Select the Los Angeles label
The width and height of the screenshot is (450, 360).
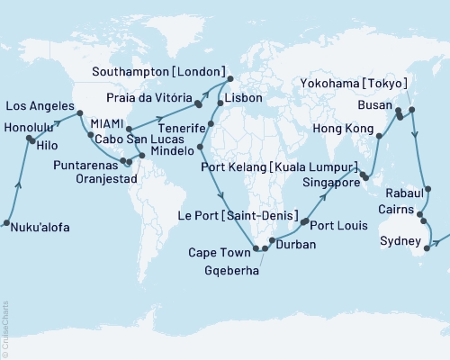click(41, 105)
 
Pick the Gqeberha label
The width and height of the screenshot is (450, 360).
click(229, 269)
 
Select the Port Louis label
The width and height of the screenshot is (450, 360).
click(339, 226)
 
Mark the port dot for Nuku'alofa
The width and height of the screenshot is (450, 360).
click(6, 223)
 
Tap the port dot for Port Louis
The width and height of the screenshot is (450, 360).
click(304, 222)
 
